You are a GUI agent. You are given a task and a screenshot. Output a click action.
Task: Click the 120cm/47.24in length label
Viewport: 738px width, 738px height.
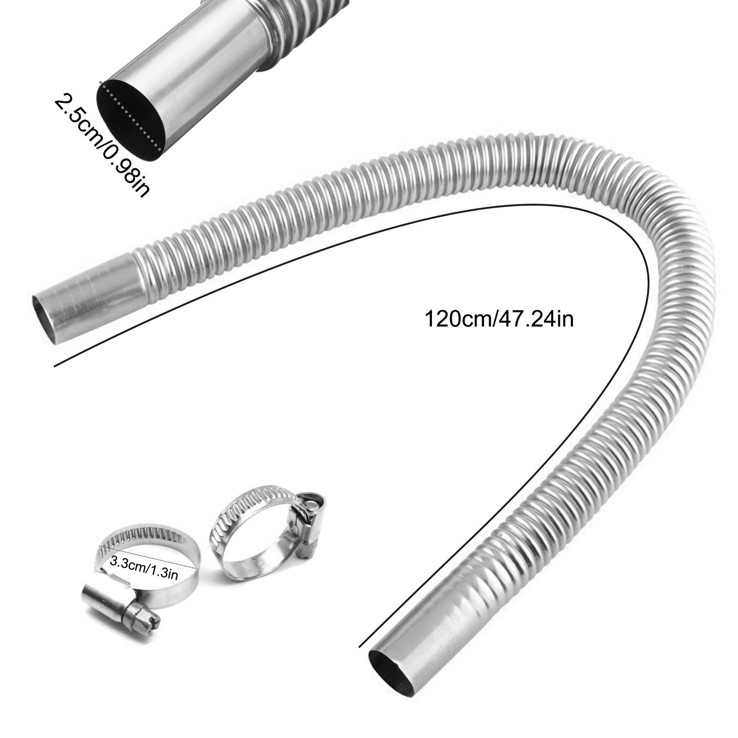[499, 319]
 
